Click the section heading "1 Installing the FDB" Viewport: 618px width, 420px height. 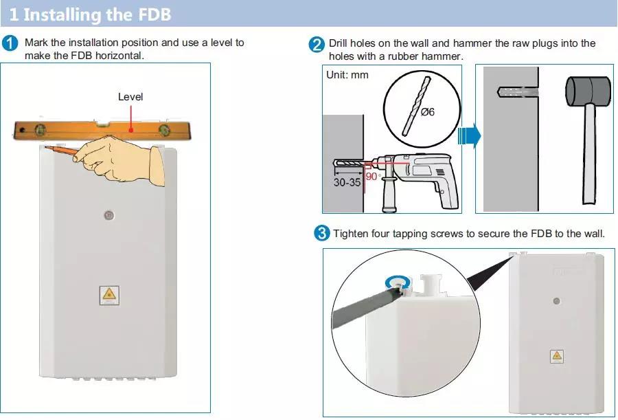(90, 14)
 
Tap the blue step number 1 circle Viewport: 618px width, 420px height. (11, 43)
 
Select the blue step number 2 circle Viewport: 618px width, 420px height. (317, 45)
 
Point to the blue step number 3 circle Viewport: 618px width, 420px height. (321, 234)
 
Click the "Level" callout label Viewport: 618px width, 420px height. (130, 97)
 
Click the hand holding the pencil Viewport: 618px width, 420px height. (124, 158)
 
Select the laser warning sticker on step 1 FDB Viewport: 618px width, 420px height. (108, 295)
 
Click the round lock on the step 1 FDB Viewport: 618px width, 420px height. (108, 215)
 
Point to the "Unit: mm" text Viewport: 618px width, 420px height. (347, 74)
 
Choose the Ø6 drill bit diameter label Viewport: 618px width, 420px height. (426, 111)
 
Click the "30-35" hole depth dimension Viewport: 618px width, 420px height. (347, 183)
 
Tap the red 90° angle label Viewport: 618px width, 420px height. (373, 176)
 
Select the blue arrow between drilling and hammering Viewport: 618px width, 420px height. (470, 135)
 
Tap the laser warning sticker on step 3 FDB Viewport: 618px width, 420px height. (556, 355)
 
